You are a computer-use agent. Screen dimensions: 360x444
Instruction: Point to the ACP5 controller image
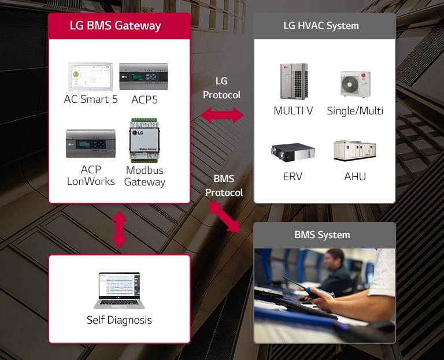[x=144, y=77]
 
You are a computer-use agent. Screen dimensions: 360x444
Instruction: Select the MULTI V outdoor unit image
[x=293, y=82]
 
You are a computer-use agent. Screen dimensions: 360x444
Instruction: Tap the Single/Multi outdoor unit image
[x=355, y=84]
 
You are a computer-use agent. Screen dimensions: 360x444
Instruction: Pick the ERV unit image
[x=293, y=151]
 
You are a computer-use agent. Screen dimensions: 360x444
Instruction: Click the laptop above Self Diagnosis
[x=119, y=290]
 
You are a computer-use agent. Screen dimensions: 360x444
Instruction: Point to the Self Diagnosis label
[x=119, y=320]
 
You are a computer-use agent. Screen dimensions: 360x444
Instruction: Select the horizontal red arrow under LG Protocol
[x=221, y=115]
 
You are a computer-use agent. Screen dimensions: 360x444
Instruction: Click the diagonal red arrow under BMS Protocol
[x=224, y=217]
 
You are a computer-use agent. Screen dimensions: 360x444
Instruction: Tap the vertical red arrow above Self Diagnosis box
[x=119, y=229]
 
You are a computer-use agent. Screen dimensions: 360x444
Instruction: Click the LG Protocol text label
[x=221, y=88]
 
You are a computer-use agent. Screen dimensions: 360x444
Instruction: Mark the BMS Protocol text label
[x=224, y=186]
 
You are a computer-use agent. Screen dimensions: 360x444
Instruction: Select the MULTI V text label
[x=293, y=111]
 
